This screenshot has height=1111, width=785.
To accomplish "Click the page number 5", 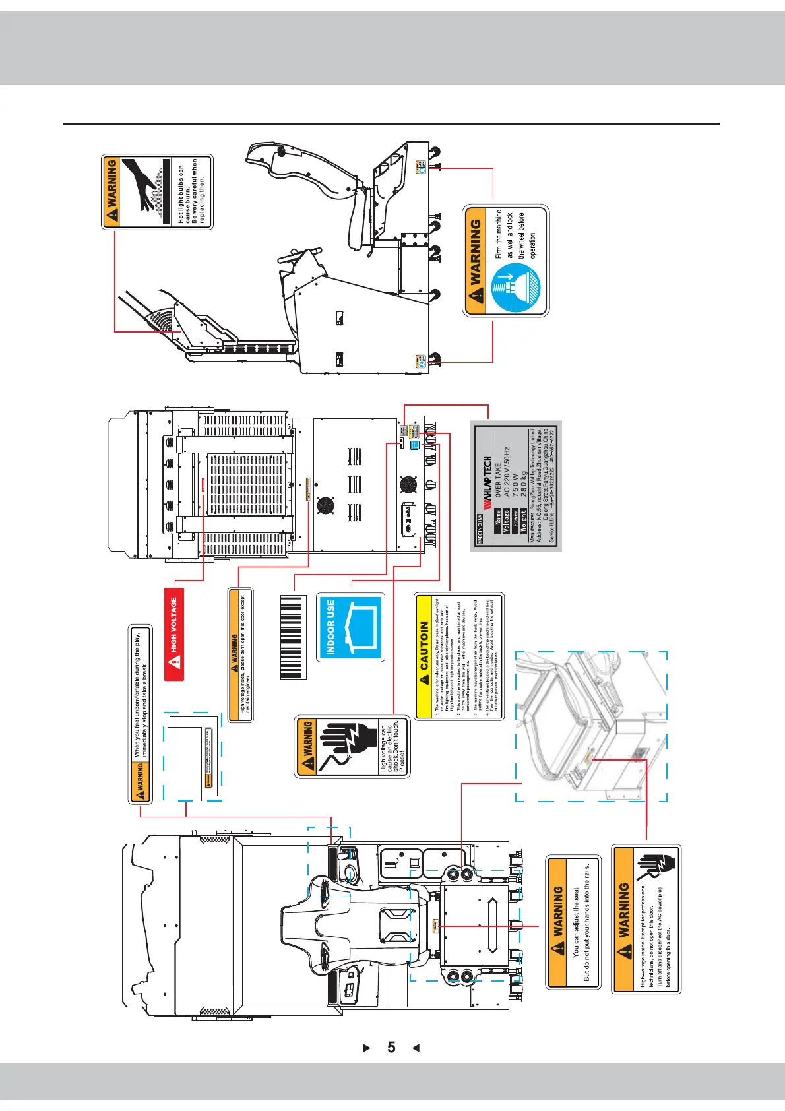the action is (x=391, y=1048).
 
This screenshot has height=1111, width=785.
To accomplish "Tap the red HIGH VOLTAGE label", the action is (x=174, y=634).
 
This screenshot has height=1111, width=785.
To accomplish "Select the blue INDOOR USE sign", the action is (x=350, y=627).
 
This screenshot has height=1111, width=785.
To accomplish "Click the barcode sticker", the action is (x=293, y=638).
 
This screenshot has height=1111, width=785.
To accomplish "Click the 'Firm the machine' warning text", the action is (x=515, y=234).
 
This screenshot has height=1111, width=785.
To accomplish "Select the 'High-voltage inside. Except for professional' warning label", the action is (x=646, y=919).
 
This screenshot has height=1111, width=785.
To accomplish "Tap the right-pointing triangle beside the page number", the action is (x=367, y=1048).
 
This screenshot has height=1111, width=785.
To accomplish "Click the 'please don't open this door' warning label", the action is (x=240, y=654).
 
